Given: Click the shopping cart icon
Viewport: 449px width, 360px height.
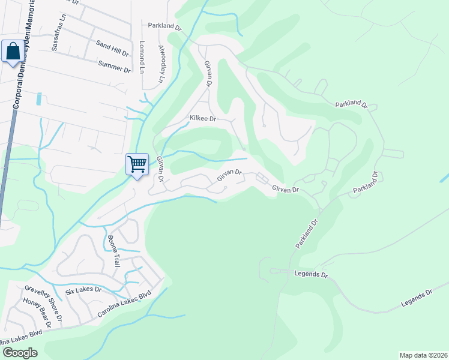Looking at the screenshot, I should point(137,164).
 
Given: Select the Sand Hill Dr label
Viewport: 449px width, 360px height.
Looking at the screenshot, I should point(113,49).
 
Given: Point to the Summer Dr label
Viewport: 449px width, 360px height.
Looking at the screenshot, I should point(114,66).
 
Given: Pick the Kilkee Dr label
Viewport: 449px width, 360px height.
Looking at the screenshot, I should point(202,119).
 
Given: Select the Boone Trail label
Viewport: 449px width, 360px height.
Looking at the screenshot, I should point(114,251).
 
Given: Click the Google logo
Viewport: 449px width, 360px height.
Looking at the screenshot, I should point(20,353).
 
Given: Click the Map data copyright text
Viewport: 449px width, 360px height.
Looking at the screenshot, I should point(423,355).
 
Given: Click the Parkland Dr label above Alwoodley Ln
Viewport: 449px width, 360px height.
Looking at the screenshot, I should point(164,26).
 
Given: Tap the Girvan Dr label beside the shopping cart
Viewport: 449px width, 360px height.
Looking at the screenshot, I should point(161,170).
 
